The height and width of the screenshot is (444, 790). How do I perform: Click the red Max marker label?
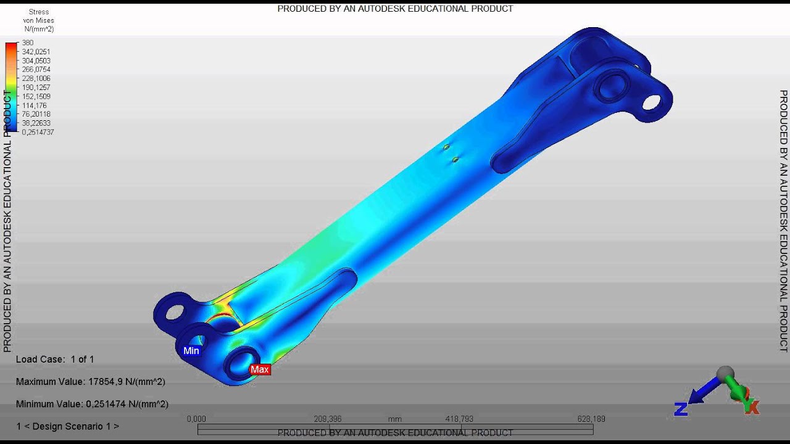(260, 369)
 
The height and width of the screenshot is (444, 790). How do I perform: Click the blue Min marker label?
(191, 351)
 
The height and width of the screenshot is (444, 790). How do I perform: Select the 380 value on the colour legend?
(28, 43)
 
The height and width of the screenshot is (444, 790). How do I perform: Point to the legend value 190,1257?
(36, 88)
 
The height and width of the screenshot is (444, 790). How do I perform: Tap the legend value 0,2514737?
(38, 132)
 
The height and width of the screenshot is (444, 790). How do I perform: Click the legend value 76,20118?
(36, 114)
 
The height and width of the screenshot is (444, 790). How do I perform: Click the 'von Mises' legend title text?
(39, 20)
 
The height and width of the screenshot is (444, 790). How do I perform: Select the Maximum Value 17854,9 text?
(90, 382)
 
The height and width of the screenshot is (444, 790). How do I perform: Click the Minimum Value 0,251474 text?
(92, 404)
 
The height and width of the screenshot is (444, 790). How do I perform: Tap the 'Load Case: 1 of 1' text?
(55, 359)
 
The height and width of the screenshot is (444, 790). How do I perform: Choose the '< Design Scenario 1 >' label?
(67, 426)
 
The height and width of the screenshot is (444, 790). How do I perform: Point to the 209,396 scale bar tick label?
(328, 419)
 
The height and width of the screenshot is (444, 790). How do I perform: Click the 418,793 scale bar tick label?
(459, 419)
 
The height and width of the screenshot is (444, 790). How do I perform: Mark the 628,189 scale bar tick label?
(591, 419)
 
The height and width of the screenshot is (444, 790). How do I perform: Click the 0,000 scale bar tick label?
(196, 419)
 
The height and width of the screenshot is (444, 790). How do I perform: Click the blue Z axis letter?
(681, 409)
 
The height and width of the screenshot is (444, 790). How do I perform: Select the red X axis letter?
(752, 407)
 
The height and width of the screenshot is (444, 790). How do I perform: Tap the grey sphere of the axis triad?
(725, 374)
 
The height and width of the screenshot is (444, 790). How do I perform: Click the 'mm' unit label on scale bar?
(395, 419)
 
